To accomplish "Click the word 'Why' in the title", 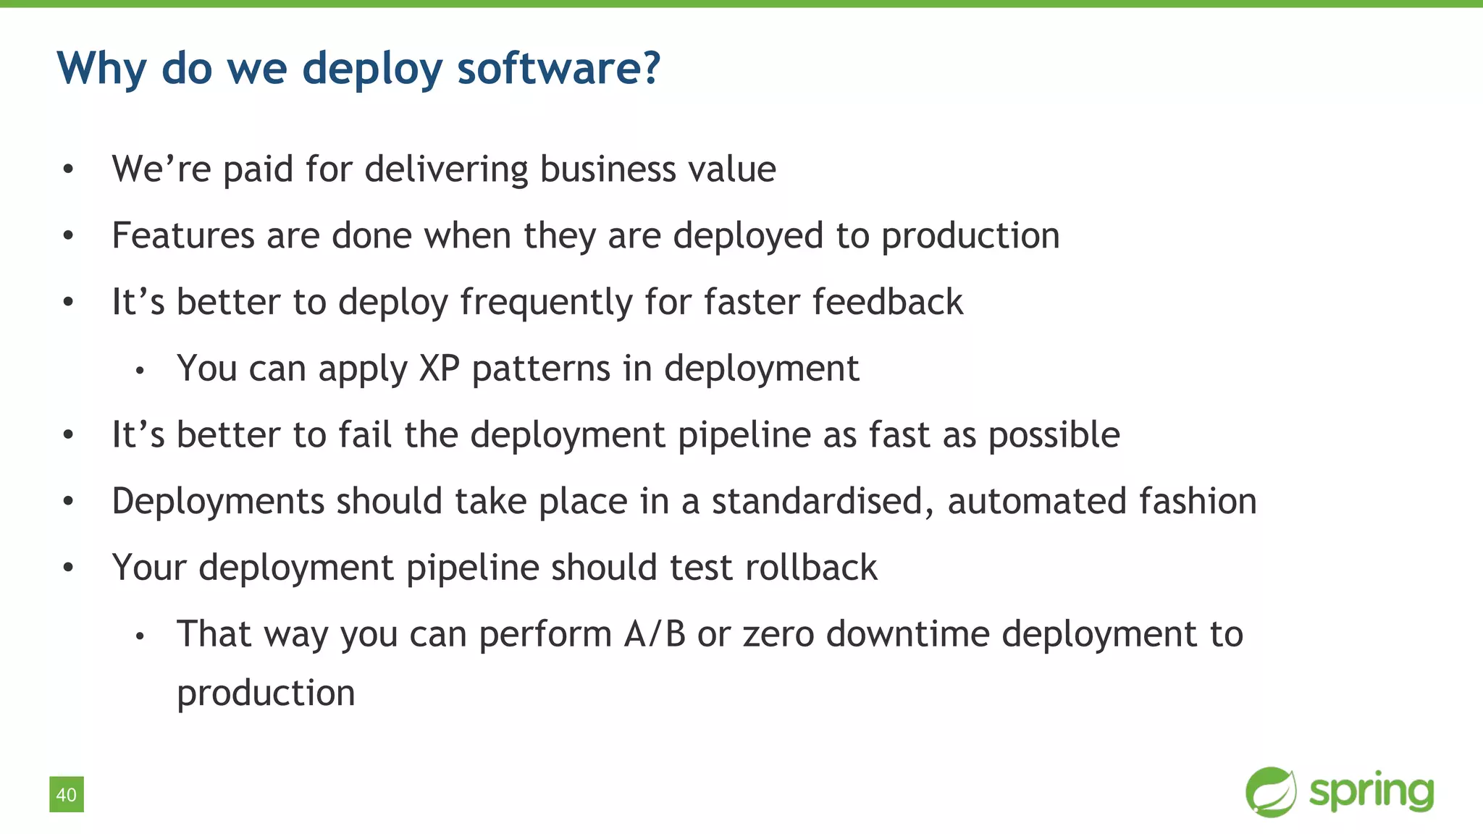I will pos(101,69).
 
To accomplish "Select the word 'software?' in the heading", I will pos(558,69).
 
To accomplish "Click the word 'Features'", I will pos(183,236).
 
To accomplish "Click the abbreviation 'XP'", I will pos(440,368).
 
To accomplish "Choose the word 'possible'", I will pos(1054,435).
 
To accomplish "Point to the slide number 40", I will pos(67,795).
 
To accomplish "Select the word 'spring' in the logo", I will pos(1371,793).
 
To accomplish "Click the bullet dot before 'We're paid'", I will pos(68,169).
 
